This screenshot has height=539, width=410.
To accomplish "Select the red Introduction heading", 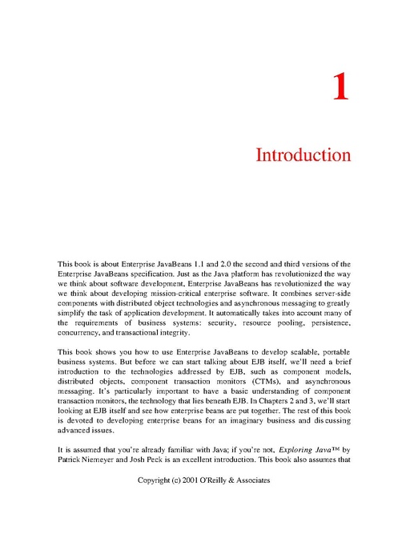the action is (303, 155).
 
